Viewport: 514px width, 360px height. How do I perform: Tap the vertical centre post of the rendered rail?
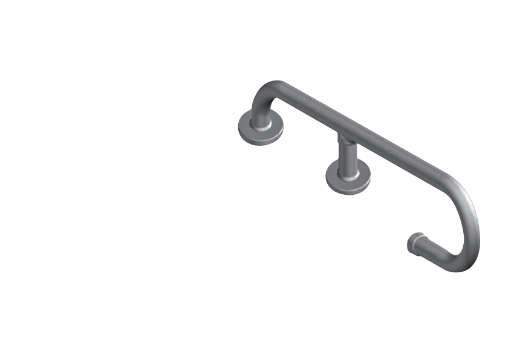click(x=348, y=154)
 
